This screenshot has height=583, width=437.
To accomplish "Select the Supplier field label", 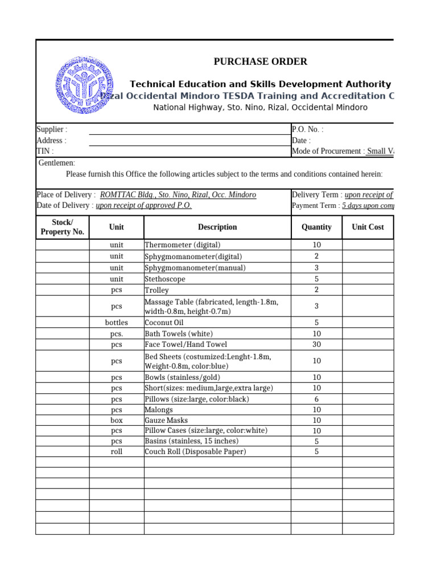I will [x=52, y=130].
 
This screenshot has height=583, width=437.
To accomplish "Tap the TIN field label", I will [x=46, y=151].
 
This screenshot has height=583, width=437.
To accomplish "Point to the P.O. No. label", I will [x=307, y=130].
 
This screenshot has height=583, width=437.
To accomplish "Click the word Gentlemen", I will [x=57, y=163].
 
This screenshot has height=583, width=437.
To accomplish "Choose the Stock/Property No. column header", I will [x=63, y=227].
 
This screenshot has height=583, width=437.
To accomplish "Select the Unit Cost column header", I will [x=368, y=227].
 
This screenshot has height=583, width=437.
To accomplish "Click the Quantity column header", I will [x=316, y=227].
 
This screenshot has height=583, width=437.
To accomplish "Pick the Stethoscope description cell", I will [x=165, y=279].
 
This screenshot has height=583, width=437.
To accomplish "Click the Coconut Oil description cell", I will [x=164, y=322].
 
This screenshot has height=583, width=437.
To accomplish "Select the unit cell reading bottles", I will [x=117, y=322].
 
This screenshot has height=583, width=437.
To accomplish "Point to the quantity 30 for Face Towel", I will [x=316, y=344].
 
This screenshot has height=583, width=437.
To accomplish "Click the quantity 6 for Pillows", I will [x=316, y=399].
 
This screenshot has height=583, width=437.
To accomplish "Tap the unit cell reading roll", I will [x=117, y=451].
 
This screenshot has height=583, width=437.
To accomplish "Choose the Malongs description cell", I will [x=159, y=409].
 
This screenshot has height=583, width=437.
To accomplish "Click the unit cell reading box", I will [x=117, y=420].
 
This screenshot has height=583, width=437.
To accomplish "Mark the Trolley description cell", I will [x=157, y=290].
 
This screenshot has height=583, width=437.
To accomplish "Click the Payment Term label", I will [x=316, y=206].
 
